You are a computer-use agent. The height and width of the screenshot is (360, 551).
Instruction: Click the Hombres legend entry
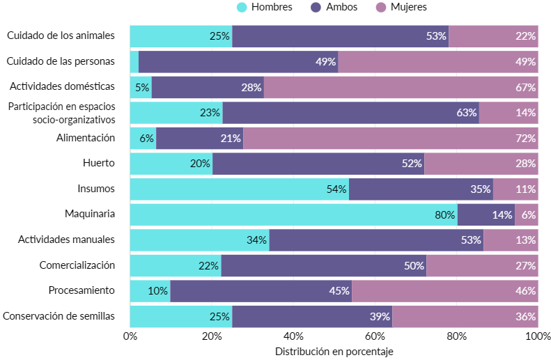(265, 7)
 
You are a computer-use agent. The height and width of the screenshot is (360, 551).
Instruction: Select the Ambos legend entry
(341, 7)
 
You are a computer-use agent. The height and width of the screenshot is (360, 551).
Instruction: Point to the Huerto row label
(98, 163)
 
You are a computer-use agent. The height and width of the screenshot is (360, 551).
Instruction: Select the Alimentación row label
(85, 138)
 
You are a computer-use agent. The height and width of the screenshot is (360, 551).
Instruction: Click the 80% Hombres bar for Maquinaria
(293, 214)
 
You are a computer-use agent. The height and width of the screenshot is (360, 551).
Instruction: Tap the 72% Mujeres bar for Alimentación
(390, 138)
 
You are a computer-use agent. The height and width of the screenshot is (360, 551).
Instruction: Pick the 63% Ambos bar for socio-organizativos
(350, 112)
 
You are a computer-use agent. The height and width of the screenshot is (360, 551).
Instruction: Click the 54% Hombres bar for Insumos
(240, 189)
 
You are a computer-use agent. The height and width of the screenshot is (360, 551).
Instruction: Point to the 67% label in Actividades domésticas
(526, 87)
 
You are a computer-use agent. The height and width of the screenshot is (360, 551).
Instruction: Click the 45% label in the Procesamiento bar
(339, 291)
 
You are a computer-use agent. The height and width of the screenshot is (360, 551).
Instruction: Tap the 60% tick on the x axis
(375, 336)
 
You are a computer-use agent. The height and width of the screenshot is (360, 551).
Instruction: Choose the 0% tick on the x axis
(130, 336)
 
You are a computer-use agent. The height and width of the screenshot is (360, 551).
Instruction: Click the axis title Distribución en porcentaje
(334, 352)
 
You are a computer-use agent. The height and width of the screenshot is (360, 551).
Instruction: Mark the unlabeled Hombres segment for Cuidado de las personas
(134, 61)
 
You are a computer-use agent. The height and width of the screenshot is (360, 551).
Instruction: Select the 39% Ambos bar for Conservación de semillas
(312, 316)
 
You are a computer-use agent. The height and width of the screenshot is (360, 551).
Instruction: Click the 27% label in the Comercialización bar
(526, 265)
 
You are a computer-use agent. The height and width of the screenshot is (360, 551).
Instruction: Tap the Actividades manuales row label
(66, 240)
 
